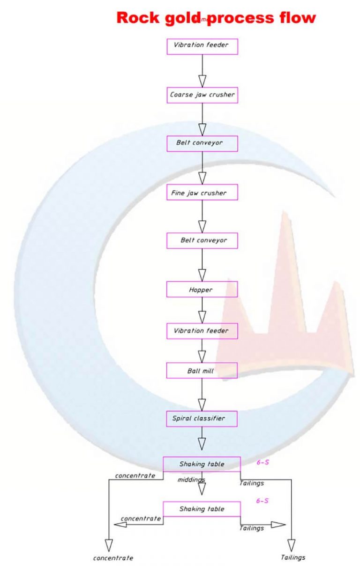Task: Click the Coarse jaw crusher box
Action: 202,95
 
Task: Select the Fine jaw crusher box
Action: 202,193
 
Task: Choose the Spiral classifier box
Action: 202,419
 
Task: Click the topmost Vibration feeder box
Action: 202,46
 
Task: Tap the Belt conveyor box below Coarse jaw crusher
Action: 202,143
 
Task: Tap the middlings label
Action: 191,480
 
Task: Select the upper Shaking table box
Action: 202,464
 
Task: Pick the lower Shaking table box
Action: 202,509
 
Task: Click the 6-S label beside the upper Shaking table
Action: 262,462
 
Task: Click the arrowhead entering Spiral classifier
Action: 202,404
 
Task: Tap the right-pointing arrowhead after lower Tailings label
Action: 277,525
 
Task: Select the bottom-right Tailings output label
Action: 293,557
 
